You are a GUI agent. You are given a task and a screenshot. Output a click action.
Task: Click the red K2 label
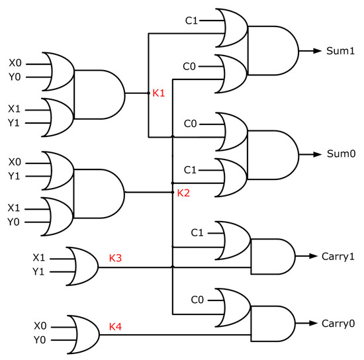click(184, 193)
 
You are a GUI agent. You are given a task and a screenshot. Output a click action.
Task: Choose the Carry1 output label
click(338, 255)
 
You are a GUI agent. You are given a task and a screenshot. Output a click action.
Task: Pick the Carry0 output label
click(338, 324)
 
